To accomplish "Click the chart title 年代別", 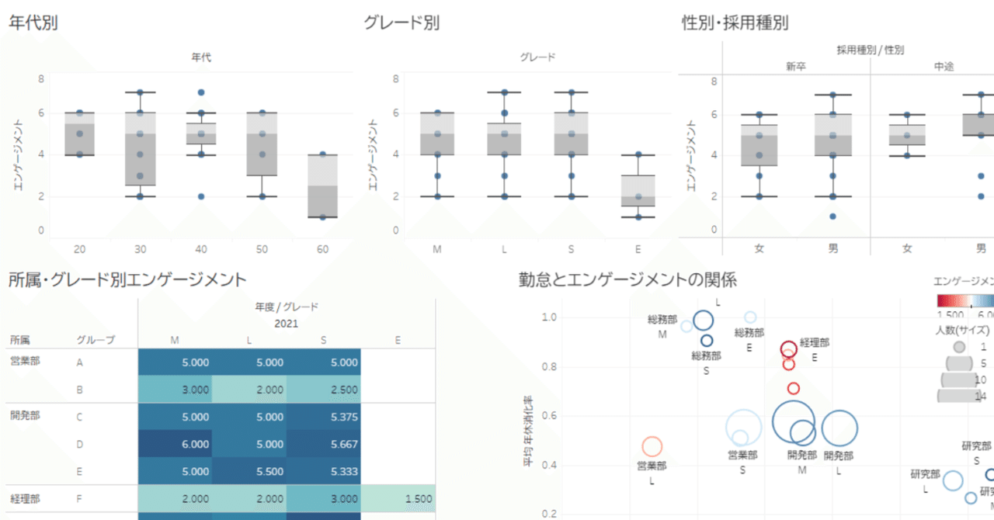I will point(33,23).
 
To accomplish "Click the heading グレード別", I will point(401,23).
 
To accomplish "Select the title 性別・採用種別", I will point(734,23).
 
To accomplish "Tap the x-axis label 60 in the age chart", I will point(323,249).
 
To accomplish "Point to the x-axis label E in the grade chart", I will point(638,249).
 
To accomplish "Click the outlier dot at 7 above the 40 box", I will point(201,92).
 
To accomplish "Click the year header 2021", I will point(287,324).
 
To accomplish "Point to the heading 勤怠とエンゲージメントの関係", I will point(627,279).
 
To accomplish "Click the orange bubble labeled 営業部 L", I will point(652,446).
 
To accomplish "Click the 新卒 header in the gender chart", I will point(796,67).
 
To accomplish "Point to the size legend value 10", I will point(980,379).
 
